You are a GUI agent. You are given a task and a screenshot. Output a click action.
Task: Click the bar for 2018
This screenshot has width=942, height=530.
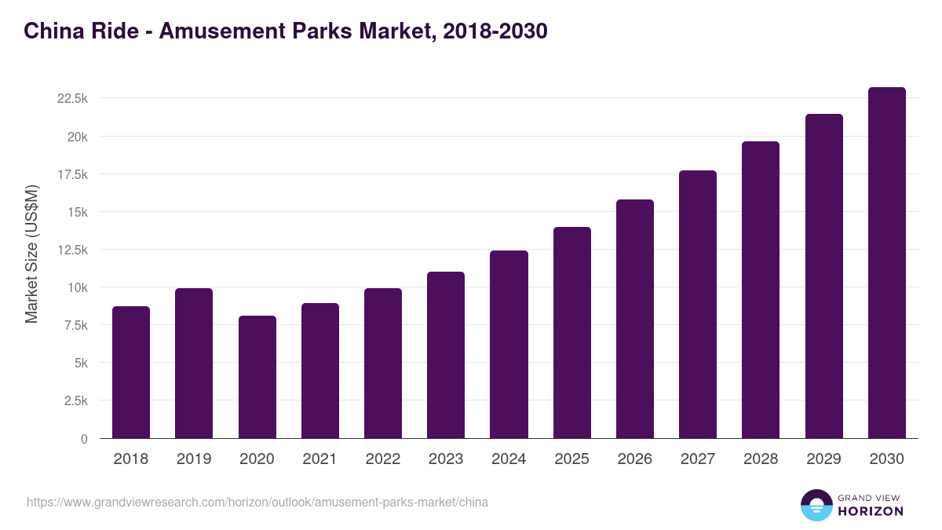click(x=131, y=372)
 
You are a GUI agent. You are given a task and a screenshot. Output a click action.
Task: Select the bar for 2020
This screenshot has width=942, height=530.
click(x=257, y=377)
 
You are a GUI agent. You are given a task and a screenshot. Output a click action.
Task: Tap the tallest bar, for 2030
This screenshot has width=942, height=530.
click(x=886, y=263)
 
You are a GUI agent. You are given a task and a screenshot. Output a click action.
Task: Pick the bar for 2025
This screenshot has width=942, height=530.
click(x=571, y=333)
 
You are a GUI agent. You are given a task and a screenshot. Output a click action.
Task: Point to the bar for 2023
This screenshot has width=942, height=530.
click(x=446, y=355)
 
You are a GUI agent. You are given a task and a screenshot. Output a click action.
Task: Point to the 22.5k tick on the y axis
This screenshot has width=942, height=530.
click(x=72, y=99)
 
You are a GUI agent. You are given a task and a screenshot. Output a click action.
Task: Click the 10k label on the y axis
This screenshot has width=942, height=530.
click(x=77, y=287)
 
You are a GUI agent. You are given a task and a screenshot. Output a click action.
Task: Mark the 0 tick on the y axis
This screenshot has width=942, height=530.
click(x=83, y=439)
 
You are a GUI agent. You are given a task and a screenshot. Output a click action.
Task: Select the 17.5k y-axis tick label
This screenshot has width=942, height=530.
click(x=72, y=174)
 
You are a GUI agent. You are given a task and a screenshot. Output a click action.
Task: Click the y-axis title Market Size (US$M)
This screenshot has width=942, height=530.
click(x=31, y=254)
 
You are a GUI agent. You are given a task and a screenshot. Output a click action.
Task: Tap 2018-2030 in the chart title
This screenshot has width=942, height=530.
click(x=495, y=31)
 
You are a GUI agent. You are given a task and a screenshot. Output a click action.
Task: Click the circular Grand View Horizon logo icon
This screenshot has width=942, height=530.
click(x=816, y=505)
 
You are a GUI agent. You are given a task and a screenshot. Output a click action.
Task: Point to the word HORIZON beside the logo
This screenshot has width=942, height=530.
click(x=871, y=511)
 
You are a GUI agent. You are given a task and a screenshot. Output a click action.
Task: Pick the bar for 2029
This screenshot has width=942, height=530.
click(x=823, y=276)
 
